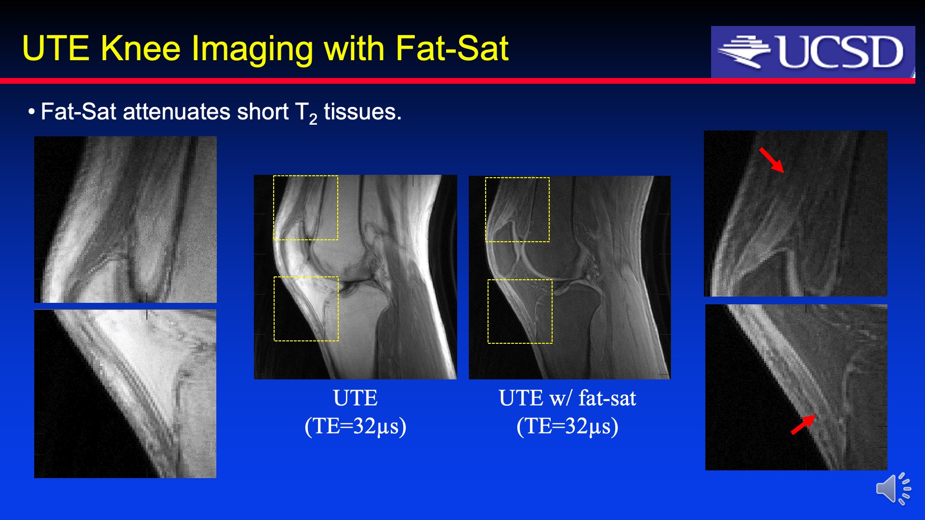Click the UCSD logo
813,52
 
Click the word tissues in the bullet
362,112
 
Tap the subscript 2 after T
313,119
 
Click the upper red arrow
771,160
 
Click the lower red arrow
803,424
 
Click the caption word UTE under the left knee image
356,398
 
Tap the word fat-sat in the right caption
607,398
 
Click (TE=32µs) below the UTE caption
356,426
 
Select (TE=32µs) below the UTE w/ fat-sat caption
568,426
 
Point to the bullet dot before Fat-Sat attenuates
32,112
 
